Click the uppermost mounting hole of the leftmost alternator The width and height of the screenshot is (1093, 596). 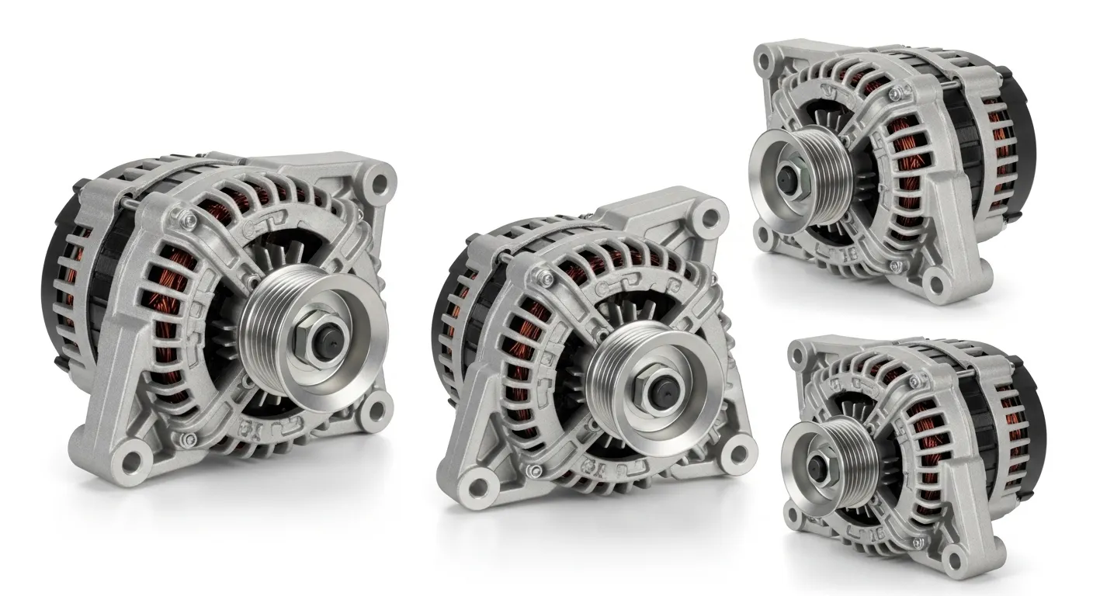point(380,183)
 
